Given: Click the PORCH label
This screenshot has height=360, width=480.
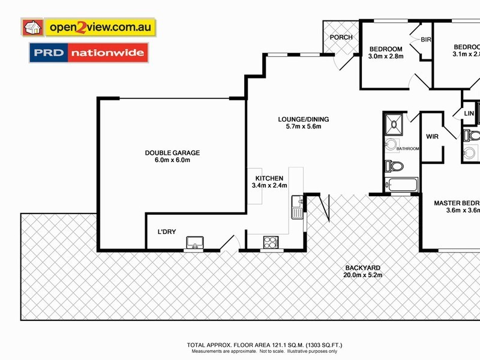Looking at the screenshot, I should click(x=341, y=37).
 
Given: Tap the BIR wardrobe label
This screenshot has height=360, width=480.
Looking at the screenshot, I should click(x=426, y=40).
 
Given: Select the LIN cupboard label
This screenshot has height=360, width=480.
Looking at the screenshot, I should click(x=469, y=113).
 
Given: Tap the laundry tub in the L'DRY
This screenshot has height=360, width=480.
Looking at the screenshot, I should click(x=194, y=242).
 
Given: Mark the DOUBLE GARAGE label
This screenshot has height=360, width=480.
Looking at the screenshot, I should click(x=172, y=153).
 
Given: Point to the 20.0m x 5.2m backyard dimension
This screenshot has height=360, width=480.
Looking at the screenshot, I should click(x=363, y=275).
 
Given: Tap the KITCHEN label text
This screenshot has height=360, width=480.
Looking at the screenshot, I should click(x=269, y=178).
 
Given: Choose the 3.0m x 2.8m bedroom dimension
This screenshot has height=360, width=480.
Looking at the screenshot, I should click(x=385, y=57).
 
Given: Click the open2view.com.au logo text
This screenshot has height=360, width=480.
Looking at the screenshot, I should click(x=102, y=28).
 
